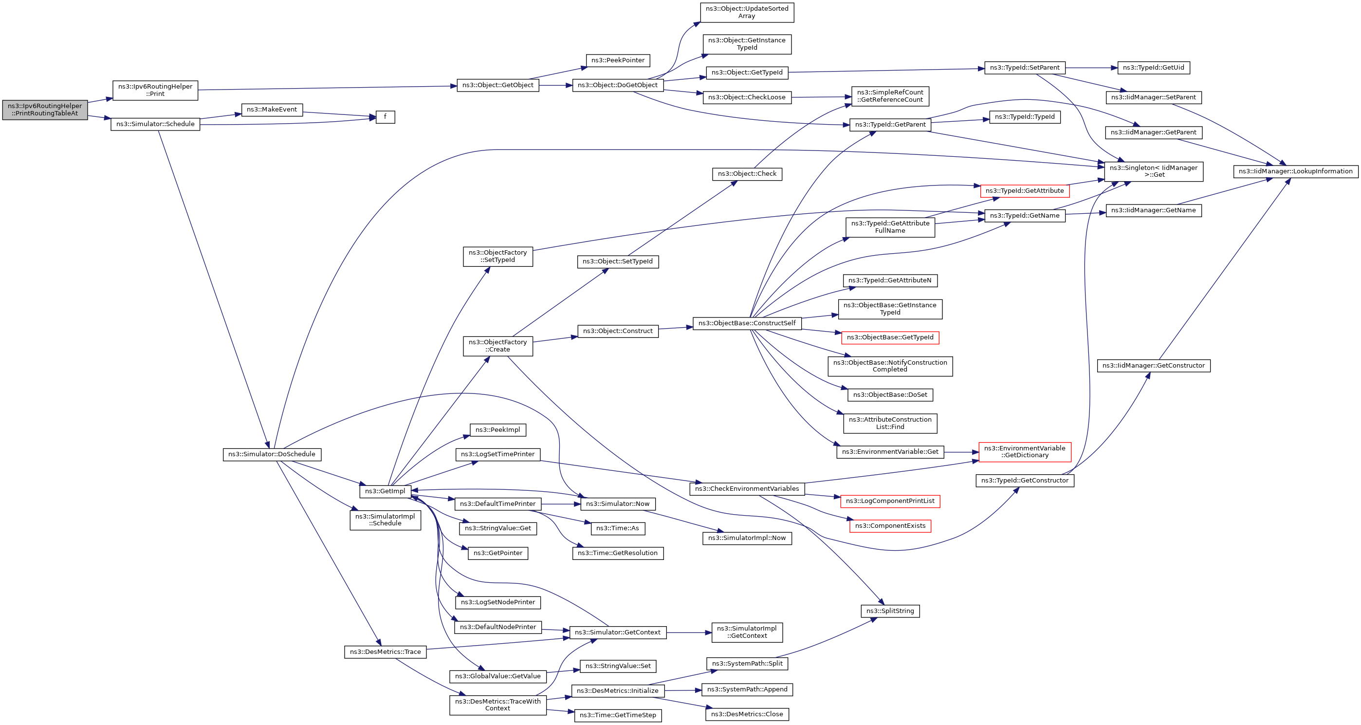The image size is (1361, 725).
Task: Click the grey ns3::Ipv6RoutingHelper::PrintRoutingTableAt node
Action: click(45, 110)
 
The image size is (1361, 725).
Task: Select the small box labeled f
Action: click(385, 117)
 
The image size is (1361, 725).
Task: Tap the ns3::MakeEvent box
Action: click(272, 110)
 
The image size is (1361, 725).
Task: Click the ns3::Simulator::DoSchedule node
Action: click(272, 454)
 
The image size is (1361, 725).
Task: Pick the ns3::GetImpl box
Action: click(385, 491)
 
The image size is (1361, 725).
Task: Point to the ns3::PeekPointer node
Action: click(618, 60)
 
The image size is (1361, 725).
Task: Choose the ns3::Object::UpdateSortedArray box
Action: click(747, 12)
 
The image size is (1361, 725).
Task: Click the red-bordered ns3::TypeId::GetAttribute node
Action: click(1025, 191)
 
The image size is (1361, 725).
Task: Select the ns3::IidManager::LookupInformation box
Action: click(1295, 171)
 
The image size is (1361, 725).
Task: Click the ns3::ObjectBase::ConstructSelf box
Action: click(747, 323)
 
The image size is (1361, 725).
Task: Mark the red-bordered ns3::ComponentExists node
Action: click(890, 526)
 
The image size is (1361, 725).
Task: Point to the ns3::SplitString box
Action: click(890, 611)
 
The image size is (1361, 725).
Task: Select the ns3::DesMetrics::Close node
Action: click(747, 714)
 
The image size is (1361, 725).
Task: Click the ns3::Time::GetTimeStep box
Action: click(618, 715)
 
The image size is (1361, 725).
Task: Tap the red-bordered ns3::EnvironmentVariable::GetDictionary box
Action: click(1025, 452)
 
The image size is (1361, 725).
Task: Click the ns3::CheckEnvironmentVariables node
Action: click(747, 489)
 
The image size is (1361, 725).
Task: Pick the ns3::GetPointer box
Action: click(497, 553)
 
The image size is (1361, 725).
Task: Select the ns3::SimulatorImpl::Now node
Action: click(747, 538)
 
